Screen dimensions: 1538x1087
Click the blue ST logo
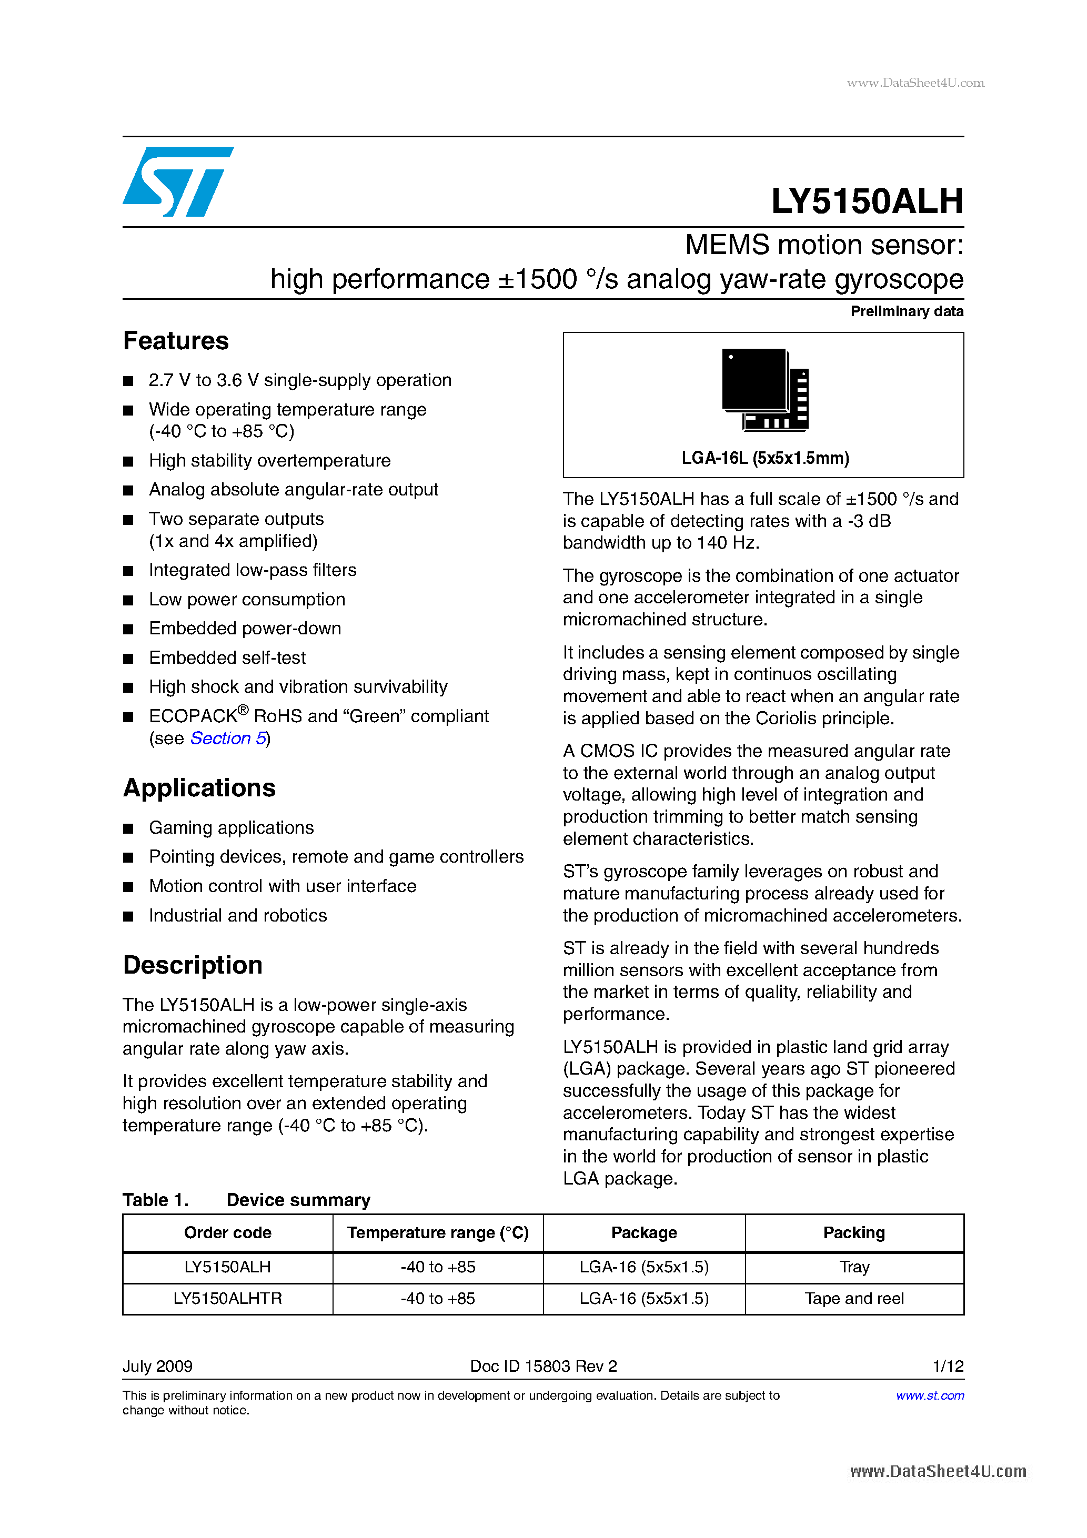pos(178,181)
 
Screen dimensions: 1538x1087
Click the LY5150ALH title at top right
pos(867,201)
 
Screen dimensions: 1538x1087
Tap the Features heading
pos(176,341)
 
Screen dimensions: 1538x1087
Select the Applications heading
pos(199,788)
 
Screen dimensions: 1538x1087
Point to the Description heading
pos(193,965)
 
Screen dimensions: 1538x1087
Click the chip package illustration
pos(764,389)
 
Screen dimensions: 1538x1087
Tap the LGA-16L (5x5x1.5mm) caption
pos(764,458)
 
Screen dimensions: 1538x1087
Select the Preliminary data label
pos(907,311)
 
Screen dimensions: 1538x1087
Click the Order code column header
pos(227,1232)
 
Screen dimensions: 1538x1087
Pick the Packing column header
pos(854,1232)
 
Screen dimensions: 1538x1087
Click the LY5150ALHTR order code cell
pos(227,1298)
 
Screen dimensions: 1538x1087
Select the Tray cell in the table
pos(854,1267)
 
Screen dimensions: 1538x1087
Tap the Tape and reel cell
pos(854,1298)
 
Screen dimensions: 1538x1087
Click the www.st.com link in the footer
pos(930,1395)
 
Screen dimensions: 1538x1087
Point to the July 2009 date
pos(157,1366)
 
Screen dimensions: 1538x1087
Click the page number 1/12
pos(948,1366)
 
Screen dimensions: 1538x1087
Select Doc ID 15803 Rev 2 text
pos(543,1366)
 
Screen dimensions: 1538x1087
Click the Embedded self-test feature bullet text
pos(227,658)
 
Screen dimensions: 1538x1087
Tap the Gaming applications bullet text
pos(231,828)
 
